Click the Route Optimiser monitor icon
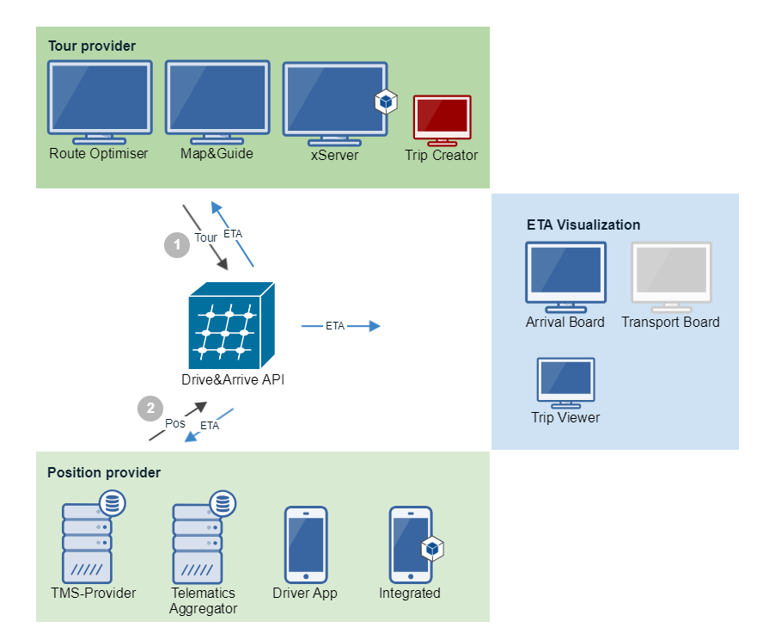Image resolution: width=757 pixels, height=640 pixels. click(x=100, y=102)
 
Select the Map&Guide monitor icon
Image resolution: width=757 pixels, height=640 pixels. click(x=217, y=102)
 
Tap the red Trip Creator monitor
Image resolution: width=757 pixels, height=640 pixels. click(x=443, y=120)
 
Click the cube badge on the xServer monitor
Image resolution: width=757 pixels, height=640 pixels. click(x=386, y=102)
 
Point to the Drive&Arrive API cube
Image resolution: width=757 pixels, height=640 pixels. click(x=231, y=325)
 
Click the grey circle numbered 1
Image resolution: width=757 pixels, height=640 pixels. click(x=177, y=244)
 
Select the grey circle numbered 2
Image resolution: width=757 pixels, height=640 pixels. click(x=150, y=409)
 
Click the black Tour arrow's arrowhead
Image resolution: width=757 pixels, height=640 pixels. click(x=223, y=264)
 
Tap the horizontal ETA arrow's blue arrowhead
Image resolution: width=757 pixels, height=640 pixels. click(x=375, y=326)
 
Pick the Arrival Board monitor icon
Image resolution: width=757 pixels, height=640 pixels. click(x=566, y=278)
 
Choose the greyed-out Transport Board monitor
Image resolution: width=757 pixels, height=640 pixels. click(x=672, y=278)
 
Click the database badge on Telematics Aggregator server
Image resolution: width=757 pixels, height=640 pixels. click(x=223, y=503)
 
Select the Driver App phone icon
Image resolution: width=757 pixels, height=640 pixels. click(x=306, y=545)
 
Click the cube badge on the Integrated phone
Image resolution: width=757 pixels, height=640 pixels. click(x=432, y=548)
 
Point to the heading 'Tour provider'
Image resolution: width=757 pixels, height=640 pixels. click(x=92, y=46)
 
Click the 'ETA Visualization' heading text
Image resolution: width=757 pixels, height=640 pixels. click(x=583, y=225)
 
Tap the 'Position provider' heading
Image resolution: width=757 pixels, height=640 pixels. click(x=104, y=472)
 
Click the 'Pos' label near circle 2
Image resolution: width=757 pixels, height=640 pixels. click(x=174, y=423)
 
